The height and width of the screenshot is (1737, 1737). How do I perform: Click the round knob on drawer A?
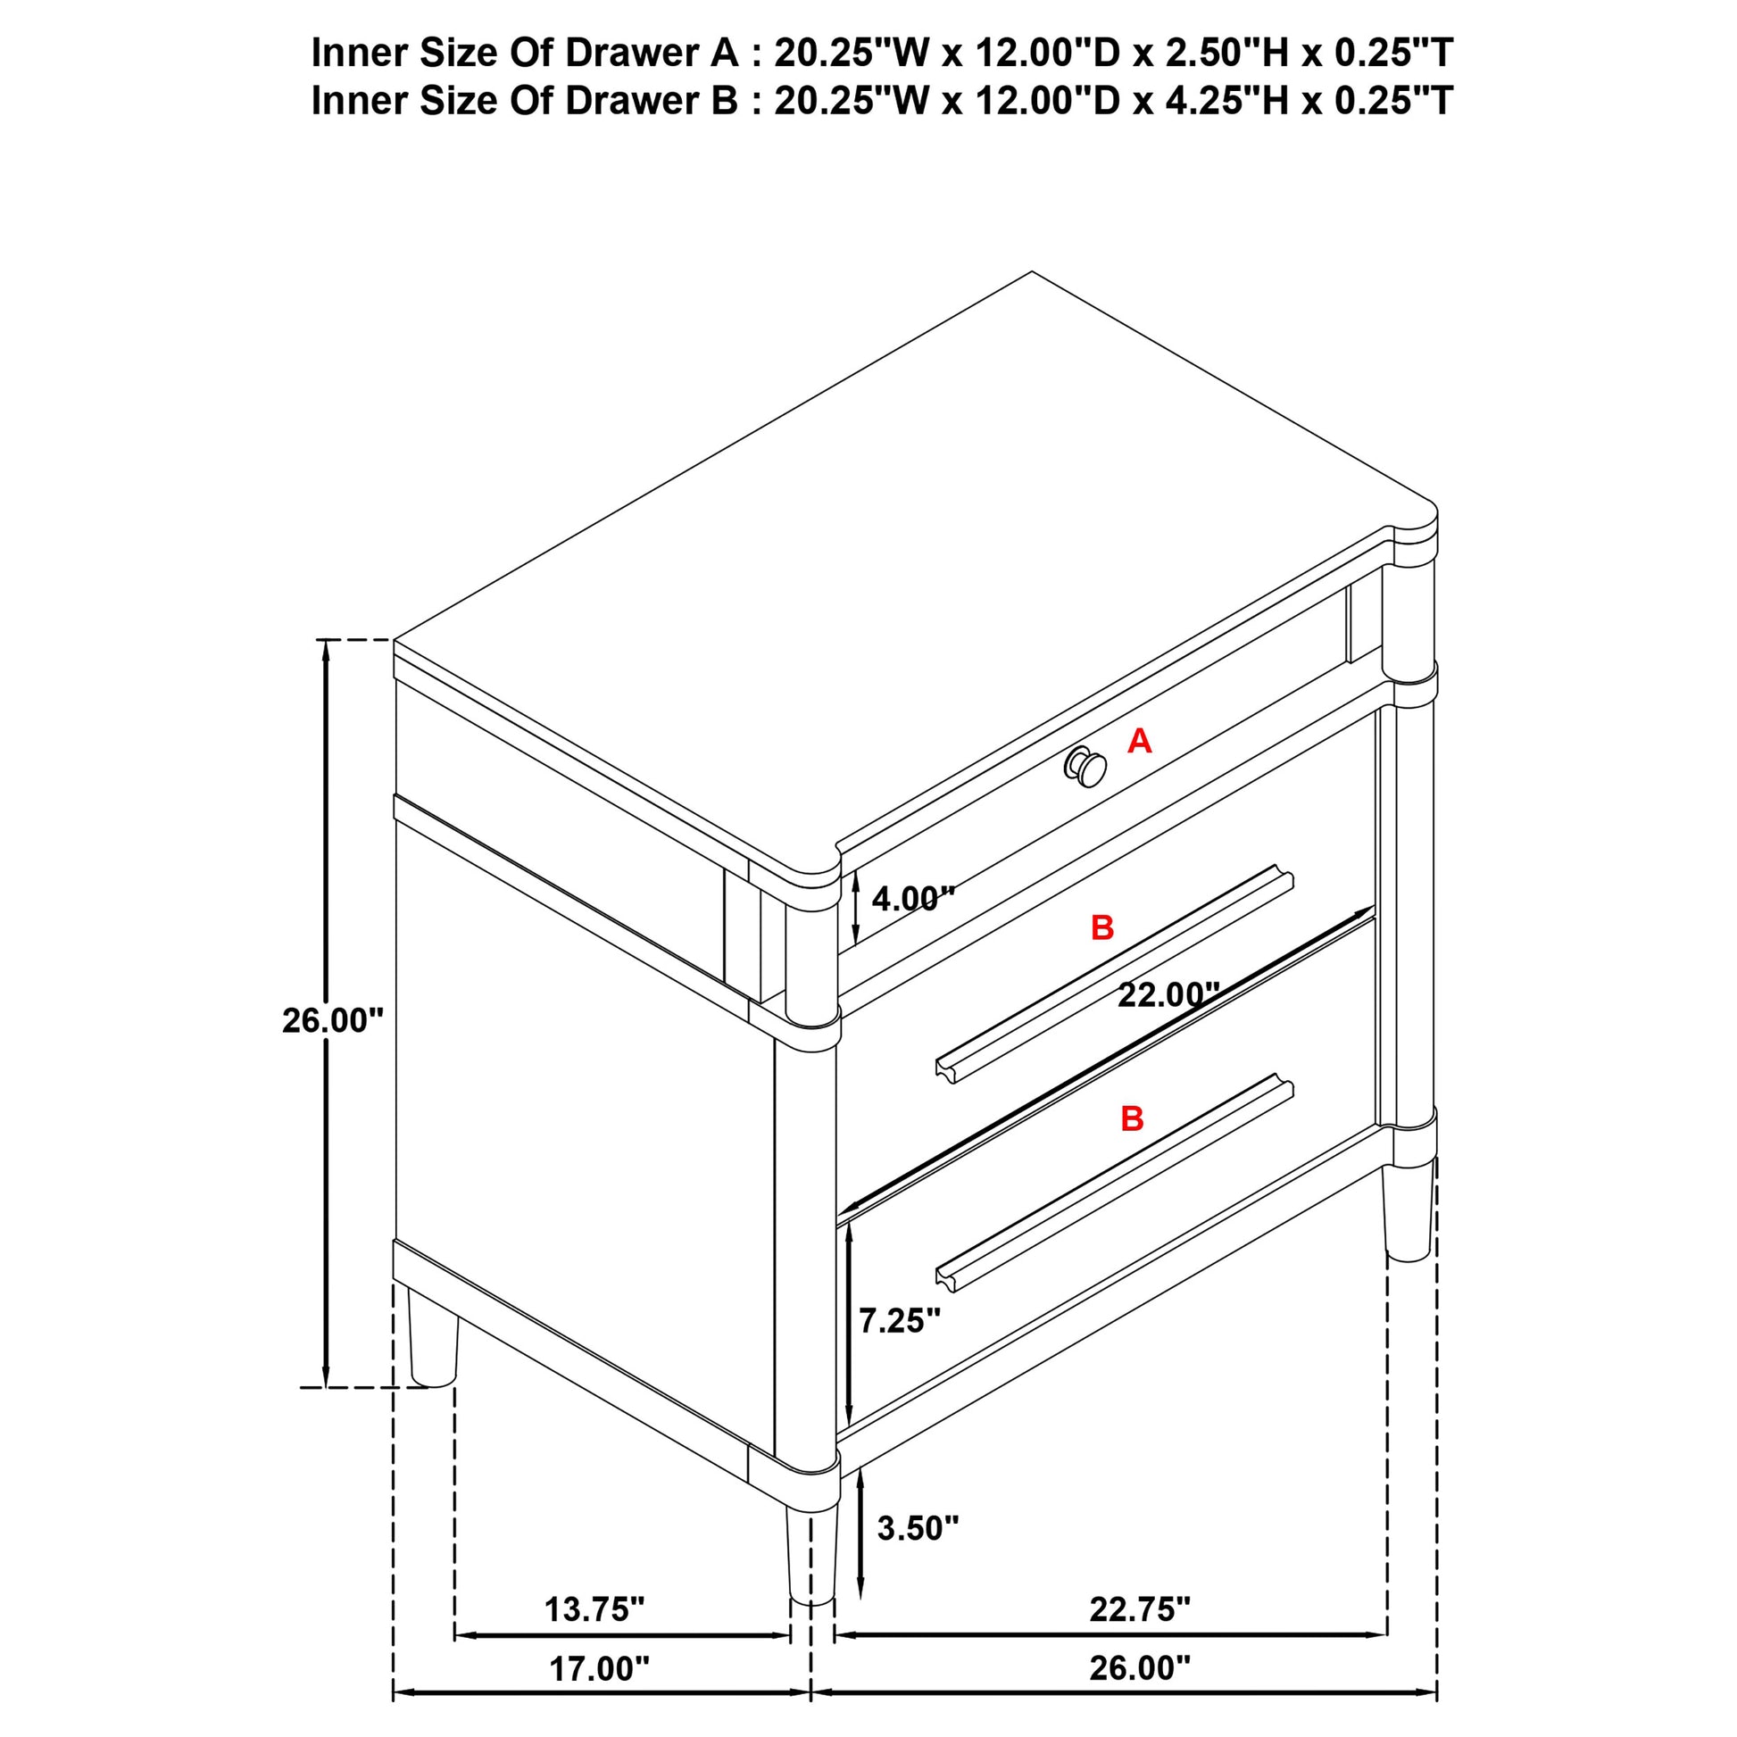tap(1086, 767)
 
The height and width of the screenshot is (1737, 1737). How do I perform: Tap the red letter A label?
tap(1139, 742)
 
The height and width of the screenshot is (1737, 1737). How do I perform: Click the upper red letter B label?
tap(1102, 927)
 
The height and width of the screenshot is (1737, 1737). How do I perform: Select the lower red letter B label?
tap(1132, 1119)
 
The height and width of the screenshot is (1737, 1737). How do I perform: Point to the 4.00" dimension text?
tap(912, 898)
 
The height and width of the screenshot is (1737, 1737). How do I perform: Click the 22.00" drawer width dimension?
tap(1168, 995)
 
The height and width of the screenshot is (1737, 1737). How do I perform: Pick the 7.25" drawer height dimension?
tap(899, 1321)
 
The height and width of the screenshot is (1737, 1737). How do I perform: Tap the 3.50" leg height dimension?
tap(917, 1528)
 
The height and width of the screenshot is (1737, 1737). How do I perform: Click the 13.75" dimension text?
tap(594, 1609)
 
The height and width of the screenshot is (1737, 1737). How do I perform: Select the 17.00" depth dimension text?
tap(599, 1668)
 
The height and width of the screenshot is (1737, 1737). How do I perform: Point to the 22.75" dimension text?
tap(1139, 1609)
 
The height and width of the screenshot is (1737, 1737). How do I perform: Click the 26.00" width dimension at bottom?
tap(1139, 1668)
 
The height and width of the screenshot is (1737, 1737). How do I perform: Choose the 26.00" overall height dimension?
tap(333, 1020)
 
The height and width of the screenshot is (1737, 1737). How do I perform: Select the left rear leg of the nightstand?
tap(433, 1342)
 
